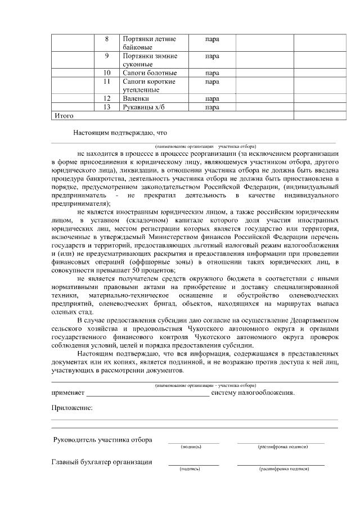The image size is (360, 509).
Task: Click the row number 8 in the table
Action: click(107, 39)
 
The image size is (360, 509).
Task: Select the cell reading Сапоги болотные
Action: click(150, 73)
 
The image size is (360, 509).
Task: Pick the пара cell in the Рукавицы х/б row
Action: click(212, 107)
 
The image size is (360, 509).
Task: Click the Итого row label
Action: click(64, 115)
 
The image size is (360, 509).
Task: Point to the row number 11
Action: click(107, 82)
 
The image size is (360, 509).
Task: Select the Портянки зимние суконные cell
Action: click(150, 60)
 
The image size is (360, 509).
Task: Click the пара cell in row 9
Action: click(212, 56)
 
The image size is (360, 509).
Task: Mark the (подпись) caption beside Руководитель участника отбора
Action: click(191, 447)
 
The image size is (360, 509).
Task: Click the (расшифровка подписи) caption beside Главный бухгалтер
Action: click(283, 469)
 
